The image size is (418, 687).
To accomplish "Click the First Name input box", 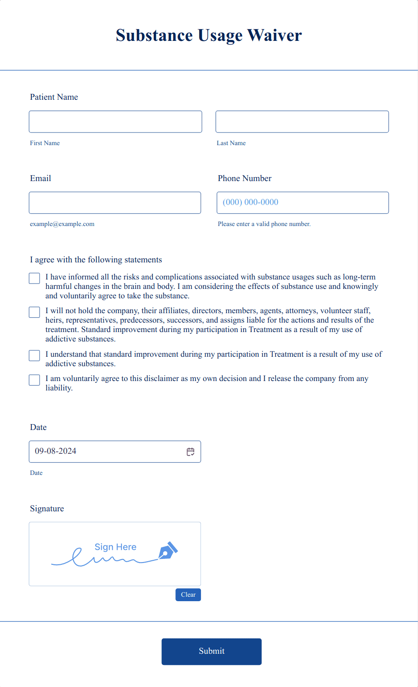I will [116, 122].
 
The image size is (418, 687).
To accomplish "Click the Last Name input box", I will [302, 122].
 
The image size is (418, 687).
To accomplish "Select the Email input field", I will [115, 203].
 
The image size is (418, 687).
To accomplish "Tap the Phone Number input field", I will [302, 203].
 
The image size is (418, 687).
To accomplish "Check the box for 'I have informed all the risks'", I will [35, 279].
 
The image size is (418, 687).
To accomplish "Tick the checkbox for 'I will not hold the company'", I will [35, 312].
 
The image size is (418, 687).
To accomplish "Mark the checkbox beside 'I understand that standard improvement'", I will [35, 356].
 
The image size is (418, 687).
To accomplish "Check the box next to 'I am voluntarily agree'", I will [35, 380].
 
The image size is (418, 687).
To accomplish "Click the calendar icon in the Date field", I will [191, 452].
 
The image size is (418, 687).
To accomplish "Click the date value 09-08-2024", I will [56, 451].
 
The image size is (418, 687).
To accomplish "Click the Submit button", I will [211, 652].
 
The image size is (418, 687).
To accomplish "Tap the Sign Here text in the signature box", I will [116, 547].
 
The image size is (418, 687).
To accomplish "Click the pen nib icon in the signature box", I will [168, 551].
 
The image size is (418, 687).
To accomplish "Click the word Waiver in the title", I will [274, 35].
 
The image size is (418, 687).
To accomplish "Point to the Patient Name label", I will [54, 97].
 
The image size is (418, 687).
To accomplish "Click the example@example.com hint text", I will [62, 224].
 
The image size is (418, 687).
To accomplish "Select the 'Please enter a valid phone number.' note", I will [264, 224].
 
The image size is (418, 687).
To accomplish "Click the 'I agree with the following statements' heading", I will [96, 260].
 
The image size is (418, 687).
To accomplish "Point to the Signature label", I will [47, 509].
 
